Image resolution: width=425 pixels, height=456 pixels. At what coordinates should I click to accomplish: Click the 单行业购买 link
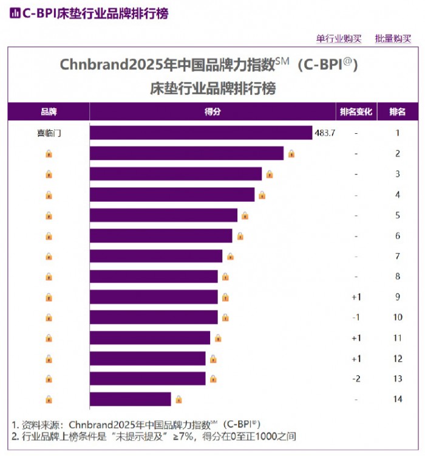tap(339, 39)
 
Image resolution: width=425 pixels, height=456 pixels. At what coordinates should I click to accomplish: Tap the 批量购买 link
tap(393, 39)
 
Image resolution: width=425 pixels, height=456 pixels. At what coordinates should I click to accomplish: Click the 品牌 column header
tap(49, 112)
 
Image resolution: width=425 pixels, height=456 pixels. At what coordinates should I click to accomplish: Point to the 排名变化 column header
tap(356, 112)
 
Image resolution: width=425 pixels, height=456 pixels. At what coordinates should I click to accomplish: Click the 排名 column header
tap(398, 112)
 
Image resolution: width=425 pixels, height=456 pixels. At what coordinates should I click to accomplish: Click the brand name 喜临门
tap(49, 133)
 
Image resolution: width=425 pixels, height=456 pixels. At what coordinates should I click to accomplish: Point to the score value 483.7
tap(325, 133)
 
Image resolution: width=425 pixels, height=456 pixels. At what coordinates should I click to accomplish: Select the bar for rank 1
tap(200, 133)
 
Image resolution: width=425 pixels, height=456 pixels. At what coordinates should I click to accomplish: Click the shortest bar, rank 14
tap(130, 399)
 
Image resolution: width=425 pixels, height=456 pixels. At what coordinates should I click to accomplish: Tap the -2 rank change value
tap(356, 379)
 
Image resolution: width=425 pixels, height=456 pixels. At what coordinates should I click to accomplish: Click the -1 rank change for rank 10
tap(356, 317)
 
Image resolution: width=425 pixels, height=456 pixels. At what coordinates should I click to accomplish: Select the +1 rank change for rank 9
tap(356, 297)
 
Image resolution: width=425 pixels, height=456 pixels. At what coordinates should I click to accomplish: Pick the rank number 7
tap(398, 256)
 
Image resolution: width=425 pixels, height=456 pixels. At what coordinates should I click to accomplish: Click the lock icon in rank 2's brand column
tap(49, 153)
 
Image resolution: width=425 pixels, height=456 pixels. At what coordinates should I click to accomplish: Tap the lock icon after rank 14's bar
tap(178, 399)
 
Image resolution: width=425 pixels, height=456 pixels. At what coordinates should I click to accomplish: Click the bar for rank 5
tap(163, 215)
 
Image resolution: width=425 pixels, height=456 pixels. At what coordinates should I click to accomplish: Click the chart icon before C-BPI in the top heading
tap(15, 13)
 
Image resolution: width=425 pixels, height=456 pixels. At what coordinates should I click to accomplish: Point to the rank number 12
tap(398, 359)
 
